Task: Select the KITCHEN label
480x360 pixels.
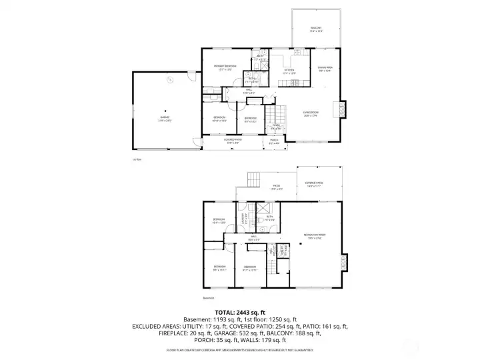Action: coord(289,71)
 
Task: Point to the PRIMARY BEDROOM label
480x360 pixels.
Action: coord(225,67)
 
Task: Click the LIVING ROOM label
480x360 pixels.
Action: coord(311,114)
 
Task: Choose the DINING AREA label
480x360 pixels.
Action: coord(325,68)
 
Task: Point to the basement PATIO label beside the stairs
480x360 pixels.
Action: coord(276,187)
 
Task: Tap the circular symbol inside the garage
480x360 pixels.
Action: coord(170,79)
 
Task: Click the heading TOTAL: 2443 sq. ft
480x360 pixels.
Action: coord(240,312)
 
